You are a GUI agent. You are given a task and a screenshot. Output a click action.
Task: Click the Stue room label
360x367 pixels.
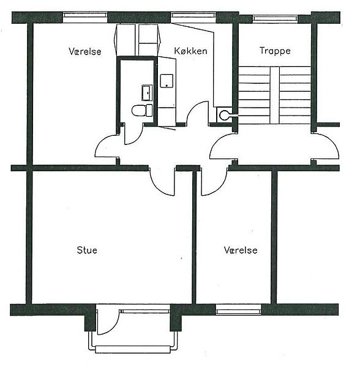[x=87, y=250]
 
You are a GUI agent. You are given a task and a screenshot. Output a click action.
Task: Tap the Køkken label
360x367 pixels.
[x=190, y=51]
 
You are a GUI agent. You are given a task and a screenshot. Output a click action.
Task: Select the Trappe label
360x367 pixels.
[x=275, y=51]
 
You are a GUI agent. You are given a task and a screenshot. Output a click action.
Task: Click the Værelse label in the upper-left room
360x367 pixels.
[x=84, y=51]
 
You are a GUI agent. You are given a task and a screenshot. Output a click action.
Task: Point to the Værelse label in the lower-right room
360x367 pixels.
[x=241, y=250]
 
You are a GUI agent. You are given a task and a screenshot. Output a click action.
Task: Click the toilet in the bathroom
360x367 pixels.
[x=142, y=111]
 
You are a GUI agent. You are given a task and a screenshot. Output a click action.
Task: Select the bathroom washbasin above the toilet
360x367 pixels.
[x=147, y=93]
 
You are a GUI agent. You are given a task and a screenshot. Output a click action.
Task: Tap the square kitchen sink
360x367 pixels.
[x=167, y=81]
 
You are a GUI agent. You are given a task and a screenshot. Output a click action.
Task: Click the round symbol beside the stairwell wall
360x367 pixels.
[x=223, y=114]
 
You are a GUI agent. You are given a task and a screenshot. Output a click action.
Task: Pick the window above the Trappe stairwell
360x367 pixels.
[x=275, y=18]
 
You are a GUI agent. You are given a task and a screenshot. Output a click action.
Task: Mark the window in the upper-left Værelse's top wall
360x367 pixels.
[x=85, y=17]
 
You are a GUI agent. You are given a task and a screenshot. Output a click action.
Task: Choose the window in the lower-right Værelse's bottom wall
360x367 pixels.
[x=238, y=310]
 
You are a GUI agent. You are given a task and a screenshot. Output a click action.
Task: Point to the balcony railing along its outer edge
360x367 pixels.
[x=133, y=349]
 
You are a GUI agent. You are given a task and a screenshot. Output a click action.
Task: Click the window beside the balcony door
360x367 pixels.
[x=144, y=311]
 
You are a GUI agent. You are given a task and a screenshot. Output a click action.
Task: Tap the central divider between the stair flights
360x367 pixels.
[x=274, y=95]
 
